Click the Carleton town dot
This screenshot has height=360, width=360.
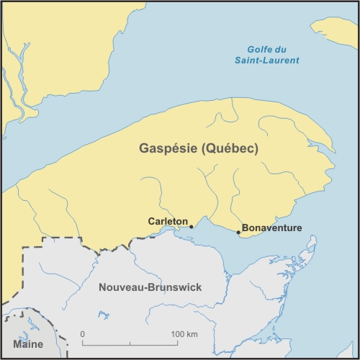pos(191,227)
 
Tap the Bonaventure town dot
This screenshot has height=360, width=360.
pos(238,232)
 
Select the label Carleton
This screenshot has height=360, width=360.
pos(168,221)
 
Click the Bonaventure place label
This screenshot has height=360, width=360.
pos(271,228)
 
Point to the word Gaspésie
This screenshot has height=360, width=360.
pos(168,149)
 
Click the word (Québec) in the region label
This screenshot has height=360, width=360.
pos(230,149)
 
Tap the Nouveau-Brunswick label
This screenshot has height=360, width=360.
pos(150,287)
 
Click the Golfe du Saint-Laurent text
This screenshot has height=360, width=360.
pos(267,55)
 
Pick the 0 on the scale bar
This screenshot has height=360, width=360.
pos(82,334)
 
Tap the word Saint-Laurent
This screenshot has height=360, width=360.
pos(267,60)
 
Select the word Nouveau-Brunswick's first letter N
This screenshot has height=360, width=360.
pos(102,287)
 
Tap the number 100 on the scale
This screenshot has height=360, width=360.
pos(178,334)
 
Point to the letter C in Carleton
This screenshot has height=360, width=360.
pos(151,221)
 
